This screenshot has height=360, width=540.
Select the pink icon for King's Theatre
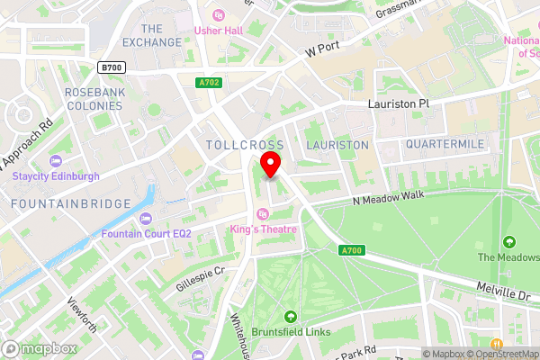coord(263,213)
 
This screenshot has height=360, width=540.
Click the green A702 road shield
coord(209,83)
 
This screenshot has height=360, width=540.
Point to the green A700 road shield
coord(351,250)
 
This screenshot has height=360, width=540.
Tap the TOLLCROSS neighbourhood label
coord(245,145)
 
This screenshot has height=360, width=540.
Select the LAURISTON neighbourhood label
coord(337,145)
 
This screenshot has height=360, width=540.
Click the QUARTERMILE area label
coord(445,144)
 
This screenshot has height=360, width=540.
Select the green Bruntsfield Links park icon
coord(291,316)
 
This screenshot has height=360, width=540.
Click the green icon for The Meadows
coord(509,241)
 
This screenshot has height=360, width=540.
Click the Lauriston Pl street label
coord(399,104)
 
